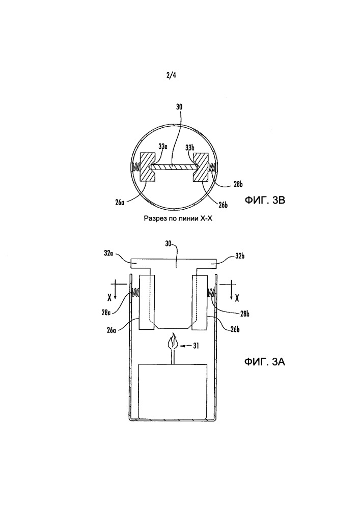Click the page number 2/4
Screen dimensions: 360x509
click(x=171, y=76)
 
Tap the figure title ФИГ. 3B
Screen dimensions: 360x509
click(x=265, y=200)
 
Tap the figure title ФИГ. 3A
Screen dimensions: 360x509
click(x=265, y=361)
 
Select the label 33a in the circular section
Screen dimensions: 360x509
click(x=163, y=147)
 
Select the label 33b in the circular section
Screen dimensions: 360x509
click(x=190, y=147)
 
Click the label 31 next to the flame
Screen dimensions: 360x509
click(x=196, y=346)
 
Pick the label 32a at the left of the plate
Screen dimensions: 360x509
click(x=108, y=253)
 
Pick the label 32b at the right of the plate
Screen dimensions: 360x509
click(x=239, y=256)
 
